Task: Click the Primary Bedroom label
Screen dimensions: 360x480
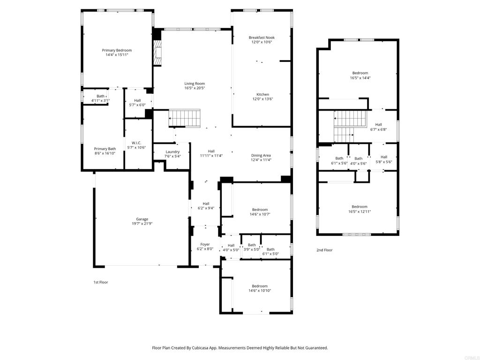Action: (x=117, y=50)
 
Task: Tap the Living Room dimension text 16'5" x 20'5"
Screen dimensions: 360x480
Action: (x=195, y=88)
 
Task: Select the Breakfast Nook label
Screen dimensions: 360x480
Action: (x=262, y=37)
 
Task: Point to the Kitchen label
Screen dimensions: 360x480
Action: (x=262, y=94)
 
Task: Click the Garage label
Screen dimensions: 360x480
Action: (x=142, y=219)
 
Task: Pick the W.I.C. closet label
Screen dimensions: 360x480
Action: (x=136, y=143)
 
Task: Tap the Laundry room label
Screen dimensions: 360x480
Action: (x=172, y=152)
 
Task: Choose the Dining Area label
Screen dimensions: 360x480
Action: (x=261, y=155)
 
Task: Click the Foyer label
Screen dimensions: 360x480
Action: (x=205, y=244)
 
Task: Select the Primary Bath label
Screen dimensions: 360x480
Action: (x=105, y=149)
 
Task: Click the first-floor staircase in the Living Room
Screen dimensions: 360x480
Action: (x=184, y=118)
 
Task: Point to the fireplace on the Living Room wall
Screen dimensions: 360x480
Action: (x=158, y=52)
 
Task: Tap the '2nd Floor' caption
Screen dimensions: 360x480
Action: (x=324, y=250)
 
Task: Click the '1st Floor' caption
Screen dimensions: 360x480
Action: (x=100, y=282)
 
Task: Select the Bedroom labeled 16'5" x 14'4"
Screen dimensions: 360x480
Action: (x=360, y=73)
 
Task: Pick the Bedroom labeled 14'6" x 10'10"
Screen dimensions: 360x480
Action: (x=260, y=286)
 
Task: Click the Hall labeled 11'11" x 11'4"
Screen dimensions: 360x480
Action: (x=211, y=151)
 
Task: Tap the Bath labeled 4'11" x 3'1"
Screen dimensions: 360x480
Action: (x=101, y=96)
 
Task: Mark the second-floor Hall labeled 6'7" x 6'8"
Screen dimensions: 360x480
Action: (x=378, y=125)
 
